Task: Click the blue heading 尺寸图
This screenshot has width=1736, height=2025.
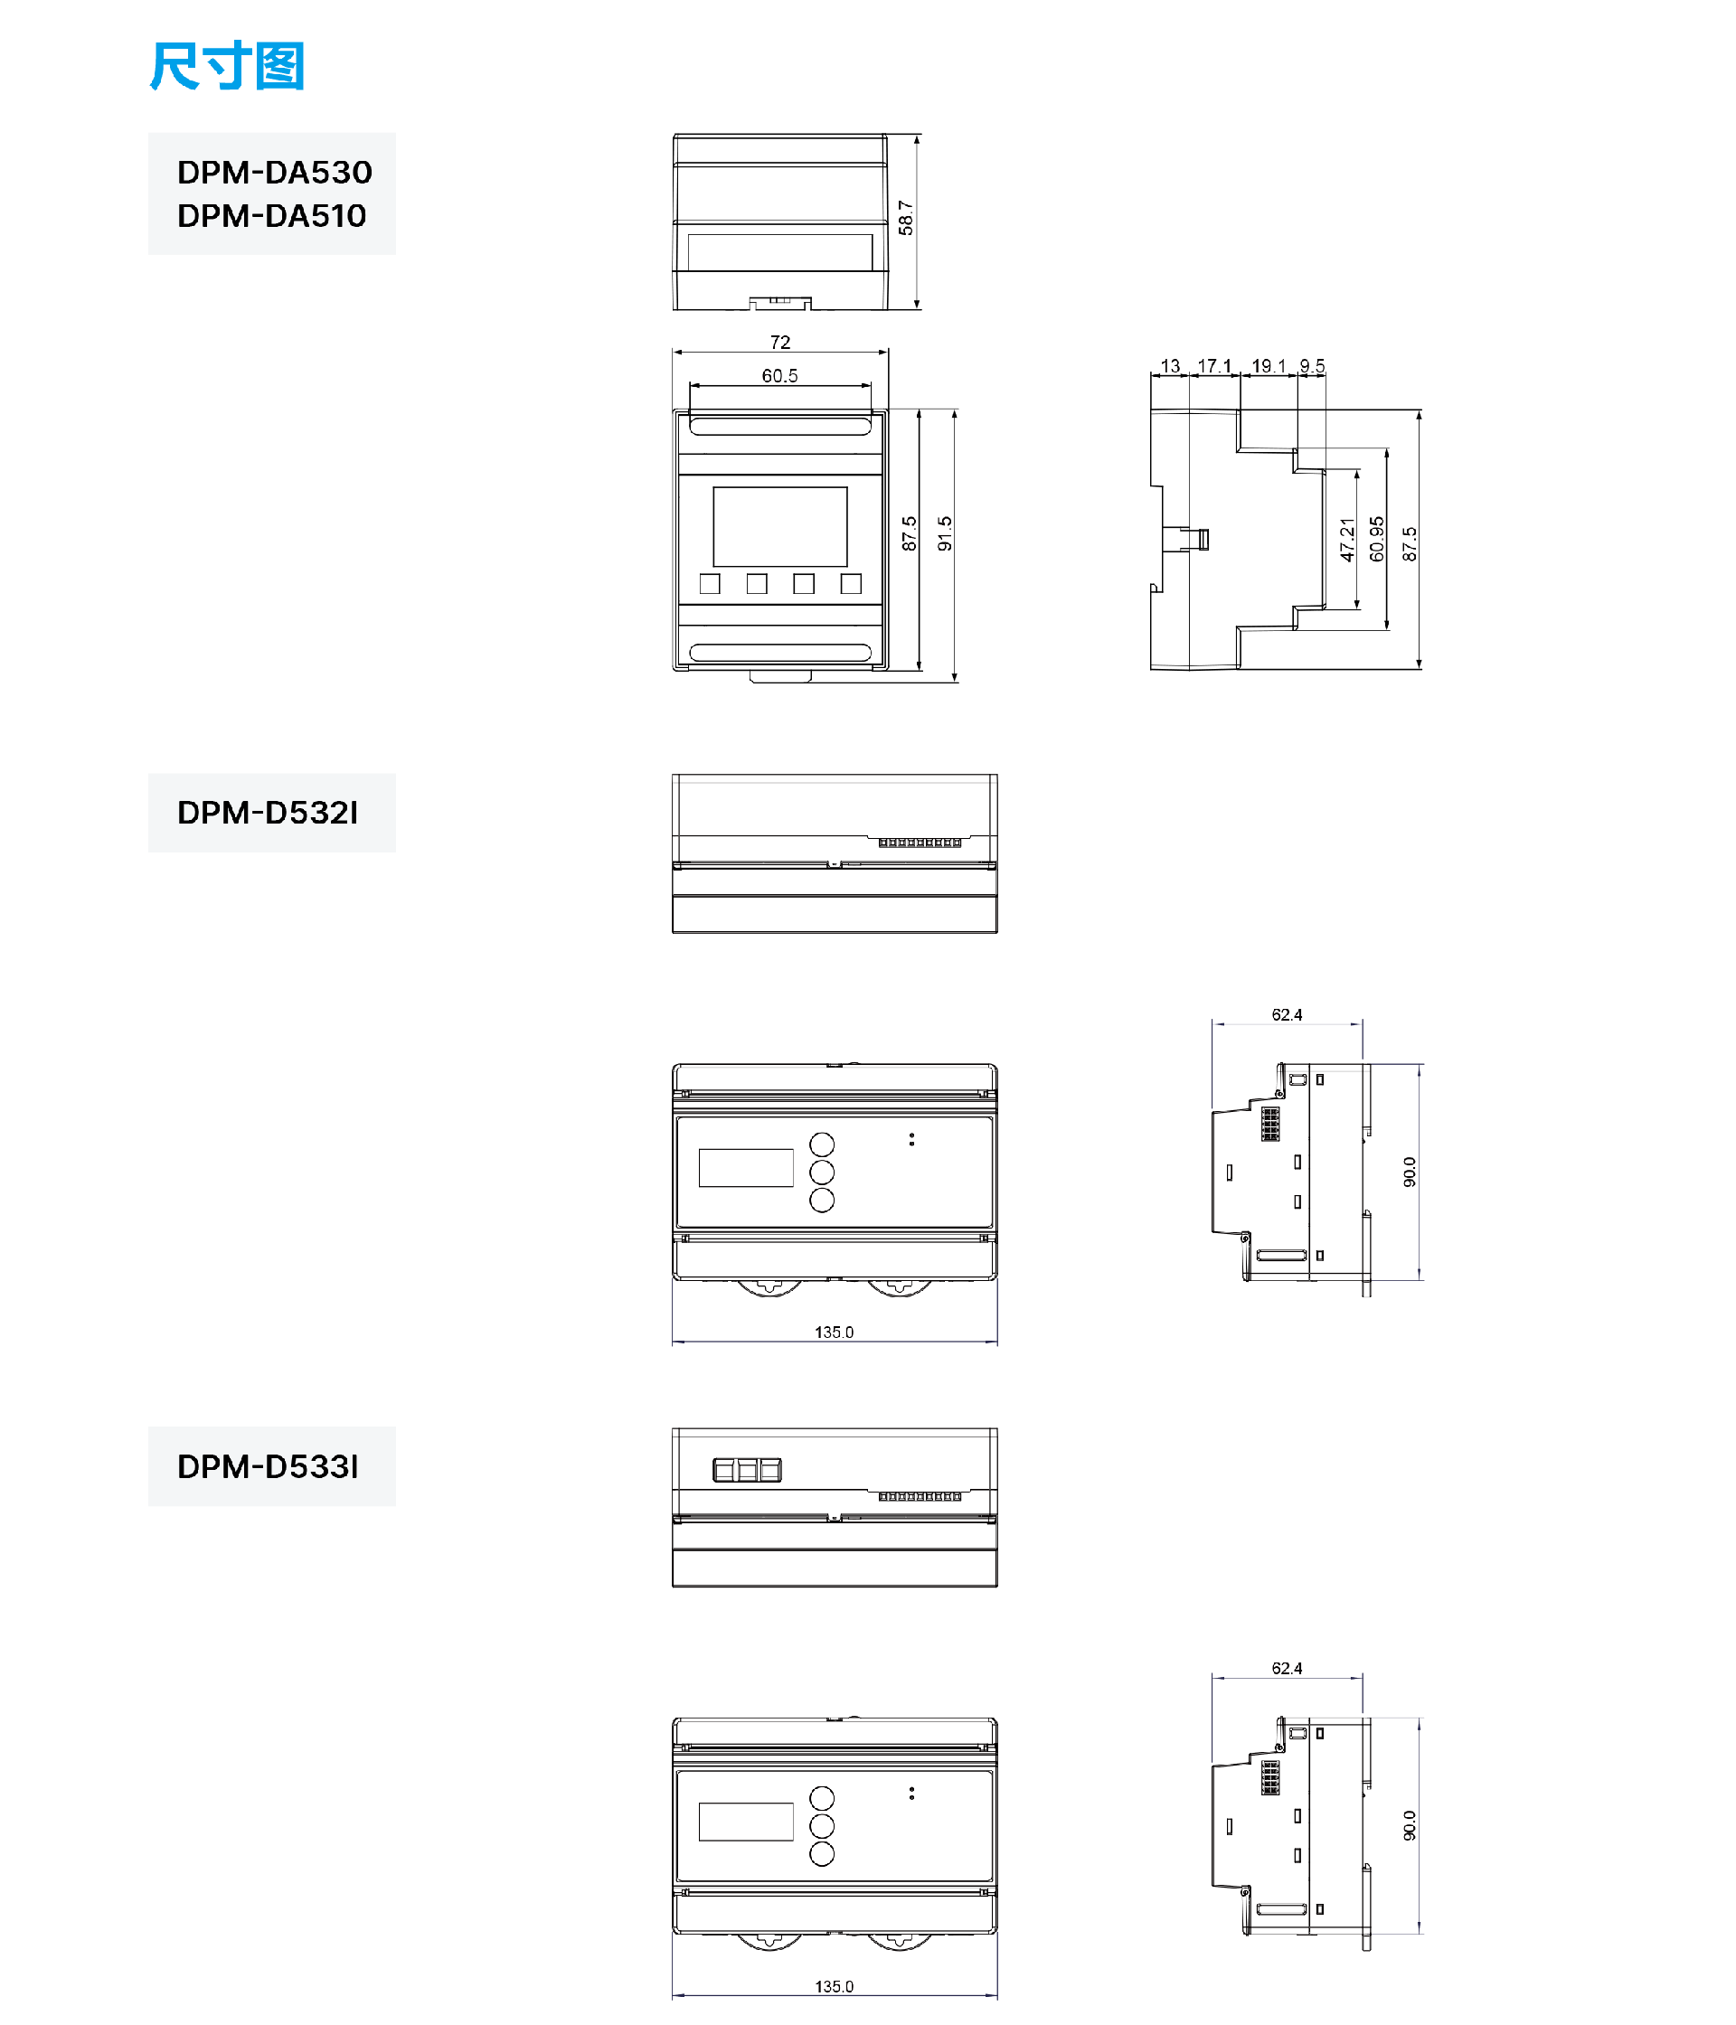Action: pos(227,67)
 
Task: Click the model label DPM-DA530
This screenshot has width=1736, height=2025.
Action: pos(274,172)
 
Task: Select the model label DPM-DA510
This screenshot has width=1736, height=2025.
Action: pos(272,215)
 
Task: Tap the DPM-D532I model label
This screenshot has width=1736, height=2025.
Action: pos(267,812)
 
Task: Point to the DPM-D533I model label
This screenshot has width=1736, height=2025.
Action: pos(267,1466)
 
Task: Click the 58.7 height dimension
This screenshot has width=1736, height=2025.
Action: pos(905,218)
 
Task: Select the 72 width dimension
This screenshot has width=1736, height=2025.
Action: pos(779,342)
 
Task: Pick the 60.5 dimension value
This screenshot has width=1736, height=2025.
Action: pos(779,375)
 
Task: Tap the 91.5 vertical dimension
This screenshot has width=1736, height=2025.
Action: pos(944,533)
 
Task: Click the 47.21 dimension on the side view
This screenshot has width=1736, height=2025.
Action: pos(1347,540)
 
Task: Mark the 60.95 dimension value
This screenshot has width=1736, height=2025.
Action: pos(1376,539)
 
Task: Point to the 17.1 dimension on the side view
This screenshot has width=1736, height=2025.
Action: pos(1214,365)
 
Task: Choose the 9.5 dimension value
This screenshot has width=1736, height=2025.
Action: pos(1312,365)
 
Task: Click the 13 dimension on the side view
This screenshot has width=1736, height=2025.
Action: pos(1169,365)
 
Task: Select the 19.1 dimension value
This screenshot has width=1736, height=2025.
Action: pos(1269,365)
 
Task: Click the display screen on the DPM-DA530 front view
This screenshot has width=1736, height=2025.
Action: pos(779,526)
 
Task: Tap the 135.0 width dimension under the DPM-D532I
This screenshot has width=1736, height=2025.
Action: pos(833,1333)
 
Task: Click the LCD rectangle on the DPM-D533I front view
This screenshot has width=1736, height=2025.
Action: pos(745,1822)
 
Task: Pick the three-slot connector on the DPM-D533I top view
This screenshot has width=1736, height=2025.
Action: pos(747,1470)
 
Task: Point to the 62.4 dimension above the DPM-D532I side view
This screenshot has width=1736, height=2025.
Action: pos(1287,1014)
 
